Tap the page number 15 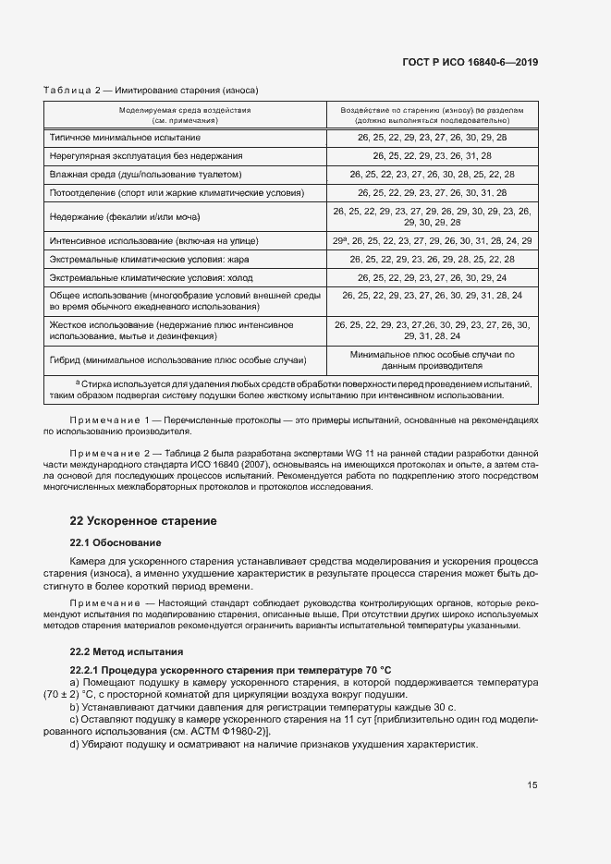(x=533, y=785)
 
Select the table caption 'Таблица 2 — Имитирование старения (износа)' (x=151, y=91)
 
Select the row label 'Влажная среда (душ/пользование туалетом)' (x=145, y=174)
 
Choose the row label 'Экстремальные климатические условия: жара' (x=149, y=259)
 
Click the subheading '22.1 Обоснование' (x=116, y=542)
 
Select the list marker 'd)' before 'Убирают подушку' (x=75, y=744)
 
